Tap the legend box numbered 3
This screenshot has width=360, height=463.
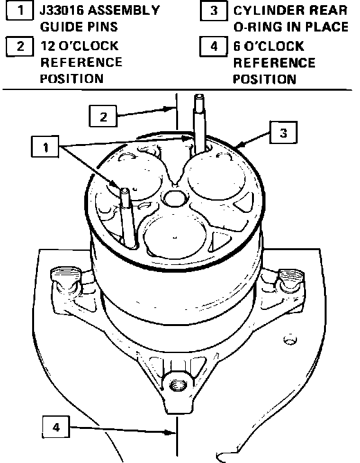point(213,11)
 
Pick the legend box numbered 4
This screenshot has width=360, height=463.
point(213,46)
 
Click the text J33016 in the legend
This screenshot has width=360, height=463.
point(62,11)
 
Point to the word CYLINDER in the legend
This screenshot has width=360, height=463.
point(265,11)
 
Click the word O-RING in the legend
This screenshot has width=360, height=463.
point(257,27)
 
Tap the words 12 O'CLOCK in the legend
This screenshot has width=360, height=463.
point(79,46)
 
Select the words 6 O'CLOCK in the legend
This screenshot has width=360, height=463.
point(269,46)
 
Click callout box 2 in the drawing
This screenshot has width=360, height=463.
point(103,116)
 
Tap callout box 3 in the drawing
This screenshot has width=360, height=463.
point(283,132)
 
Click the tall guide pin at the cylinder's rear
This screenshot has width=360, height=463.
point(200,124)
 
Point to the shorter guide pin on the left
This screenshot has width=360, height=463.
point(128,217)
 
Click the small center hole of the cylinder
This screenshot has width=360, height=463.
point(175,198)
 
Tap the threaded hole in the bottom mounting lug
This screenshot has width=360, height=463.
point(178,385)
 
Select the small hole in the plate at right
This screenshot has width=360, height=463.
point(291,340)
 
